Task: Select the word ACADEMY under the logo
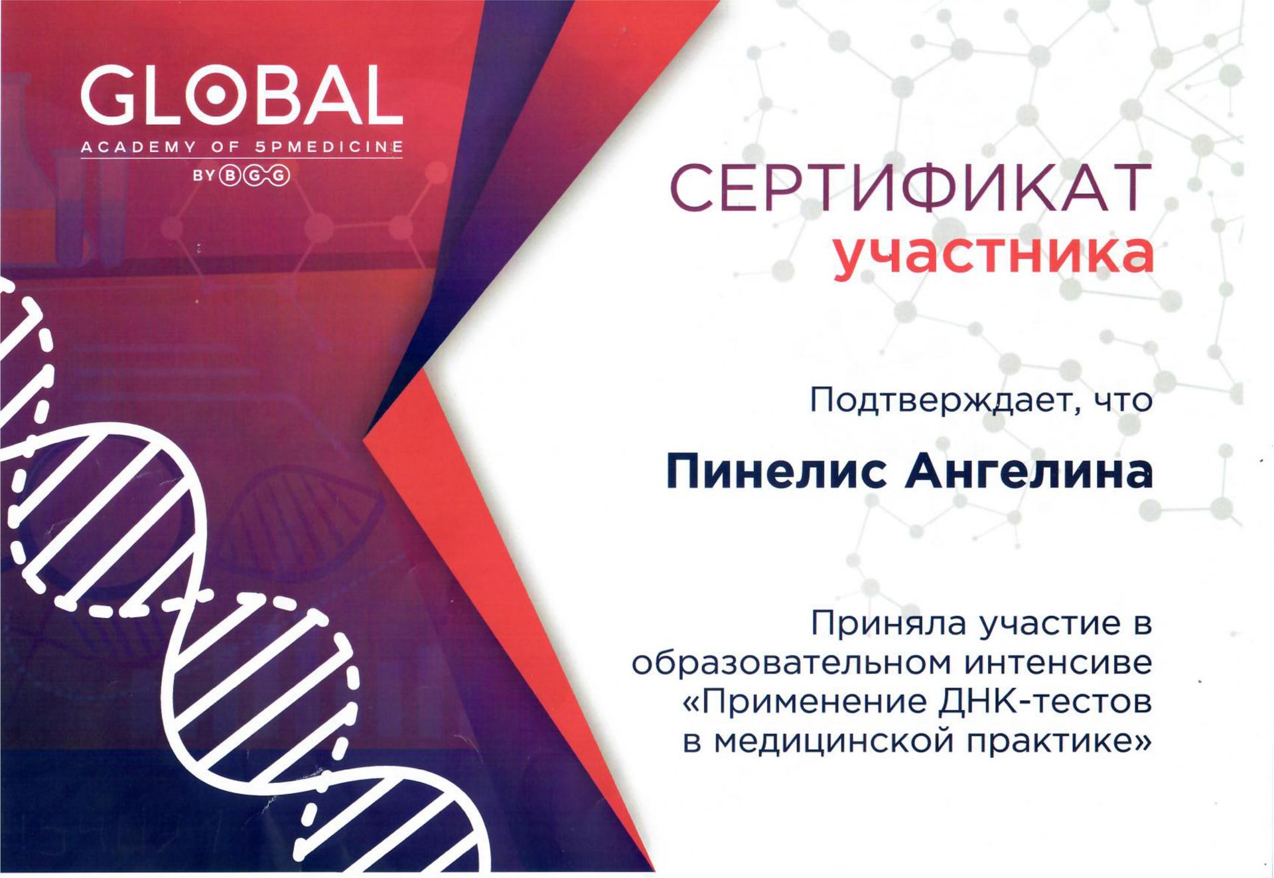pyautogui.click(x=138, y=147)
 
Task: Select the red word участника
pyautogui.click(x=993, y=254)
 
